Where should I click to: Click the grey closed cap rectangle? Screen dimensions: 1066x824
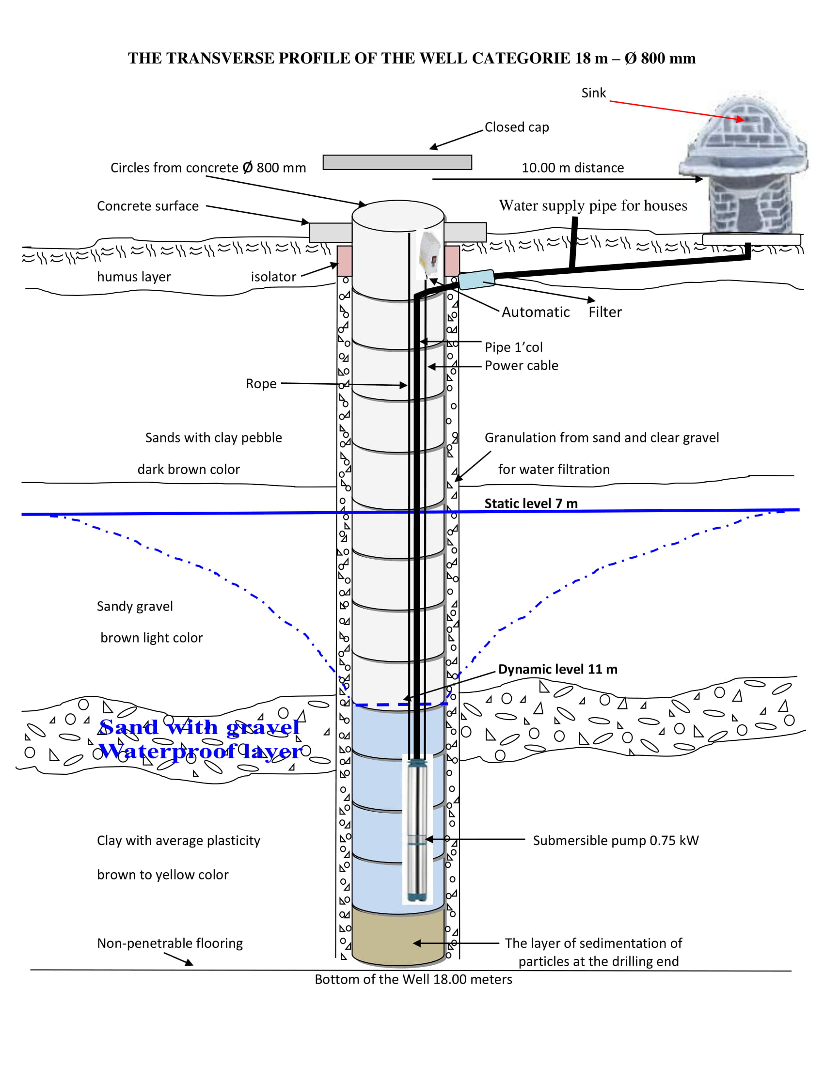[x=397, y=162]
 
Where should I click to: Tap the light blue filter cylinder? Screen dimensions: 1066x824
[x=476, y=280]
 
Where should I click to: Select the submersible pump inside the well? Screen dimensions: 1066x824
[x=417, y=830]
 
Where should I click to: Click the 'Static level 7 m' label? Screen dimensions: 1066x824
[x=531, y=503]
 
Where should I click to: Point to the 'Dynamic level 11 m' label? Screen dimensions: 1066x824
[x=557, y=669]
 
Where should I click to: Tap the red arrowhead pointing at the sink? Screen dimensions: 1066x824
[x=741, y=119]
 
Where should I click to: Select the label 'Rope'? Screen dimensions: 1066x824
[x=261, y=384]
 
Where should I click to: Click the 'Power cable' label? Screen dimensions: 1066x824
[x=522, y=365]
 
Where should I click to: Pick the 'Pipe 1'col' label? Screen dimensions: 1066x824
[x=513, y=347]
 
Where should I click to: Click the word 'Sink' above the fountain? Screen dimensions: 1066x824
[x=593, y=93]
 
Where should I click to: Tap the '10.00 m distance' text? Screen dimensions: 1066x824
[x=572, y=168]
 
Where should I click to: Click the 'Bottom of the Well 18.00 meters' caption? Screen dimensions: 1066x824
[x=413, y=980]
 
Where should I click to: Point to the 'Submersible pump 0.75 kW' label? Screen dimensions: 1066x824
[x=616, y=841]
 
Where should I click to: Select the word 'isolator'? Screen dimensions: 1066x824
[x=273, y=277]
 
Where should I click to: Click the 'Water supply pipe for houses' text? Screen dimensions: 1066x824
[x=593, y=205]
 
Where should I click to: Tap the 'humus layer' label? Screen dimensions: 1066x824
[x=134, y=277]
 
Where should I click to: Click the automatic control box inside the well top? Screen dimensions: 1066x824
[x=429, y=254]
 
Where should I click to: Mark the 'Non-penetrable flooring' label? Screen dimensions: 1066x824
[x=170, y=943]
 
